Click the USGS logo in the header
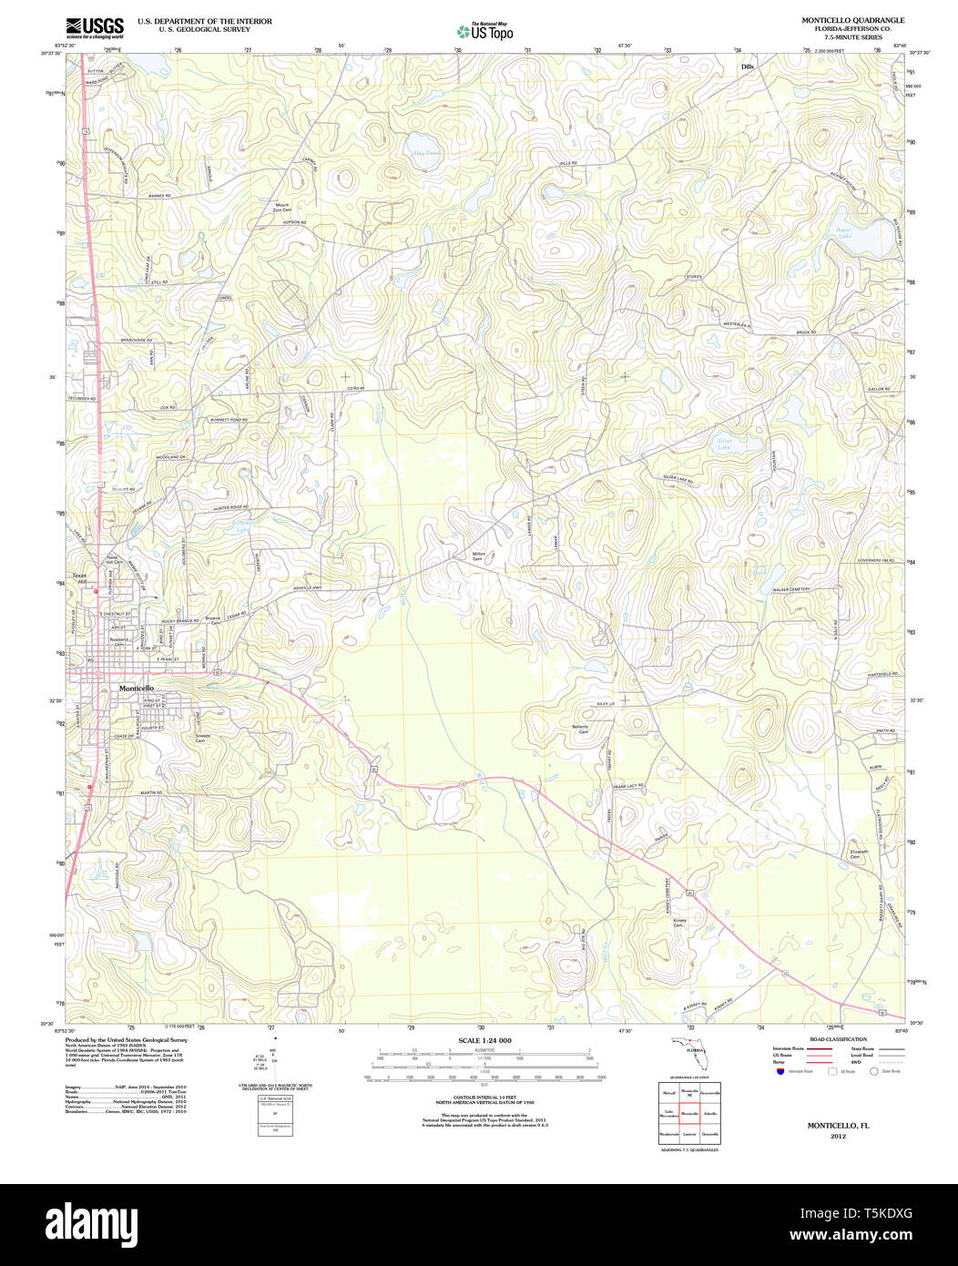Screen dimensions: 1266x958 pos(95,27)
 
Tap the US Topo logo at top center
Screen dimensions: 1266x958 pos(484,30)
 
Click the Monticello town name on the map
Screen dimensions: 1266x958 pos(136,689)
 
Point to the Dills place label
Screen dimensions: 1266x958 pos(748,66)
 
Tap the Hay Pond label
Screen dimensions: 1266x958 pos(426,154)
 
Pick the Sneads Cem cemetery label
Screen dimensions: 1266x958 pos(202,738)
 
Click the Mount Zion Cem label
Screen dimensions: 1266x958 pos(281,208)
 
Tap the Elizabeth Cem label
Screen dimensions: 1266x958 pos(859,854)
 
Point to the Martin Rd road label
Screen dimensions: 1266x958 pos(150,793)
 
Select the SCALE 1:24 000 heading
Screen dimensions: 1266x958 pos(484,1040)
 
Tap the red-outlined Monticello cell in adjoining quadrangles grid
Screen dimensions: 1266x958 pos(689,1113)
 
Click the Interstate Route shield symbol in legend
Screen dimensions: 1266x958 pos(780,1071)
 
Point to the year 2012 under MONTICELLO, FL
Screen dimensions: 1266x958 pos(838,1136)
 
